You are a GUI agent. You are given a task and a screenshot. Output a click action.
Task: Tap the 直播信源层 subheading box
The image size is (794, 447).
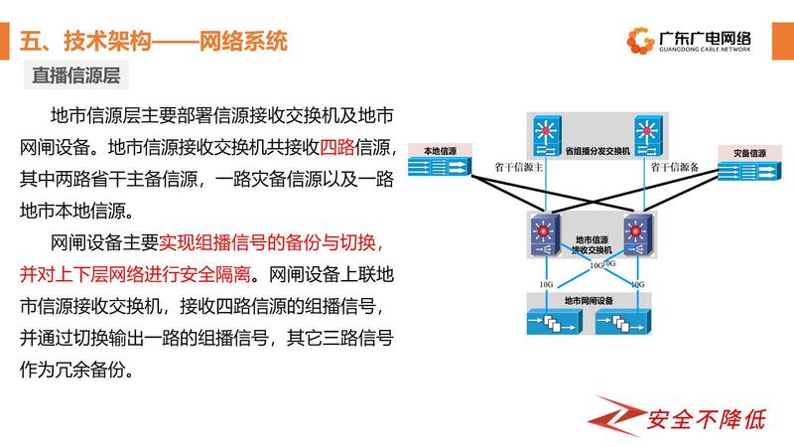pyautogui.click(x=75, y=75)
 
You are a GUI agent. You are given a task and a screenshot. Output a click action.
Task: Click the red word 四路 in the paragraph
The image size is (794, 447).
pyautogui.click(x=336, y=148)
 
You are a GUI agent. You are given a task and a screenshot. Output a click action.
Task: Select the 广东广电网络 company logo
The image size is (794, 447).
pyautogui.click(x=690, y=41)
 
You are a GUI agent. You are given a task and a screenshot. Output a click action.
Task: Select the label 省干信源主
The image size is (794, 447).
pyautogui.click(x=517, y=169)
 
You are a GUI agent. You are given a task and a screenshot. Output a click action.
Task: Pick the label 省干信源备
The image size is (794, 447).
pyautogui.click(x=675, y=169)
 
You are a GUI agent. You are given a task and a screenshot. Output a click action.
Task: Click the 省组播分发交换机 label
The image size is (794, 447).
pyautogui.click(x=596, y=153)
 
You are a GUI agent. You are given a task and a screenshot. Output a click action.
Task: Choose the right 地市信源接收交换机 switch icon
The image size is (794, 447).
pyautogui.click(x=636, y=235)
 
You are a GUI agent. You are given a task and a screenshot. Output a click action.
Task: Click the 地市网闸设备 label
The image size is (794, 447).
pyautogui.click(x=590, y=300)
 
